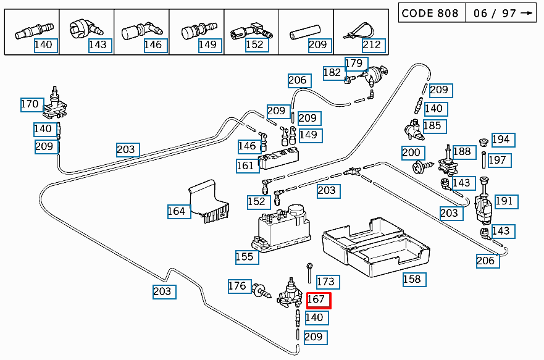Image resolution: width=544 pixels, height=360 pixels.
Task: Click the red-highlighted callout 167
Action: pyautogui.click(x=319, y=301)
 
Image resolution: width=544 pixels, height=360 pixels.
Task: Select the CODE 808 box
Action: pyautogui.click(x=430, y=13)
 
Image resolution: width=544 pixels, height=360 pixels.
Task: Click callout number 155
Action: pyautogui.click(x=245, y=256)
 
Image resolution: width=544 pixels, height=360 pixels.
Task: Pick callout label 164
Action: pyautogui.click(x=176, y=211)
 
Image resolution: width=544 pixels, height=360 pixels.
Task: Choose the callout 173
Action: pyautogui.click(x=325, y=282)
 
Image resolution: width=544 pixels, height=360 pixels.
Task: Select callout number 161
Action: pyautogui.click(x=245, y=165)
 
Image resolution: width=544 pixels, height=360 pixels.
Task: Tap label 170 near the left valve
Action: pyautogui.click(x=30, y=104)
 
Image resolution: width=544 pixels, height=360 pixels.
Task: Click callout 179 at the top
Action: pyautogui.click(x=354, y=63)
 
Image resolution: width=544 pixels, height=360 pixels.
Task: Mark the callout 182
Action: pyautogui.click(x=332, y=73)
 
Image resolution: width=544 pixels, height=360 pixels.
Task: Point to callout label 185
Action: pyautogui.click(x=432, y=126)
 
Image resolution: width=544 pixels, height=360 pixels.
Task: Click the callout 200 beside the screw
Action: pyautogui.click(x=411, y=153)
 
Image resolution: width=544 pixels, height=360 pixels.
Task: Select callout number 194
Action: pyautogui.click(x=501, y=140)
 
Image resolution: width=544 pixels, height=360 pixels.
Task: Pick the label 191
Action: pyautogui.click(x=504, y=201)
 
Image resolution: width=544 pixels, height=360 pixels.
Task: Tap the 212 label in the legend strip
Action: pyautogui.click(x=372, y=44)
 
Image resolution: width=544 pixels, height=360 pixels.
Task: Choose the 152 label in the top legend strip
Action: pyautogui.click(x=254, y=44)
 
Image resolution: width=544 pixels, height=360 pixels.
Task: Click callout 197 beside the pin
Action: pyautogui.click(x=497, y=160)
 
